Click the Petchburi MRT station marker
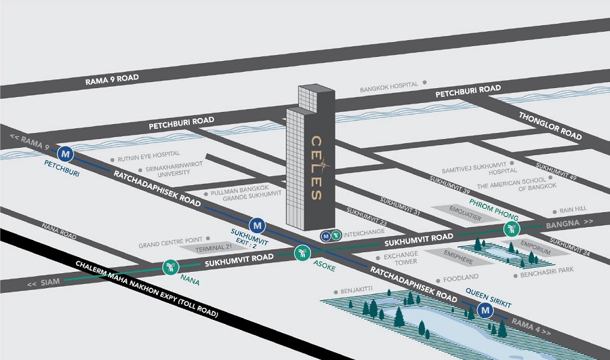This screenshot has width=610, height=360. (x=65, y=154)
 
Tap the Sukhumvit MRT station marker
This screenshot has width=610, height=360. (x=257, y=225)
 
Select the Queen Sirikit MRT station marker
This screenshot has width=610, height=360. (x=485, y=311)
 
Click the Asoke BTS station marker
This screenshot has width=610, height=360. (x=302, y=253)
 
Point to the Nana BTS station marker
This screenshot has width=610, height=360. (x=170, y=267)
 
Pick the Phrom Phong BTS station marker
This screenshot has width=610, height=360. (x=512, y=229)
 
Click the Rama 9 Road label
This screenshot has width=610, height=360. (x=112, y=79)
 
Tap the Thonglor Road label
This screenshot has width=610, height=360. (x=550, y=125)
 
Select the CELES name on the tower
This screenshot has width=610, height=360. (x=317, y=167)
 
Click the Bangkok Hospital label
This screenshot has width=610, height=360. (x=389, y=86)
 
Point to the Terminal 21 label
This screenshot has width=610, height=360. (x=213, y=247)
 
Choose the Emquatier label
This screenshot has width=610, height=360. (x=465, y=214)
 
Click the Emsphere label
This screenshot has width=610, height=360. (x=458, y=257)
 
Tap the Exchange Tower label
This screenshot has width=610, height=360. (x=401, y=258)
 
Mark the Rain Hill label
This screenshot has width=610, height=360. (x=573, y=209)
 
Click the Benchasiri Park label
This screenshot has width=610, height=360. (x=547, y=272)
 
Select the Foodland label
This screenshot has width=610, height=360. (x=461, y=278)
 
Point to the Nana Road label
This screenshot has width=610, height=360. (x=59, y=231)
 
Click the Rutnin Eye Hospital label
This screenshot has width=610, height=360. (x=148, y=157)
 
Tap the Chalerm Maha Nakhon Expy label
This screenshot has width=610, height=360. (x=146, y=289)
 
